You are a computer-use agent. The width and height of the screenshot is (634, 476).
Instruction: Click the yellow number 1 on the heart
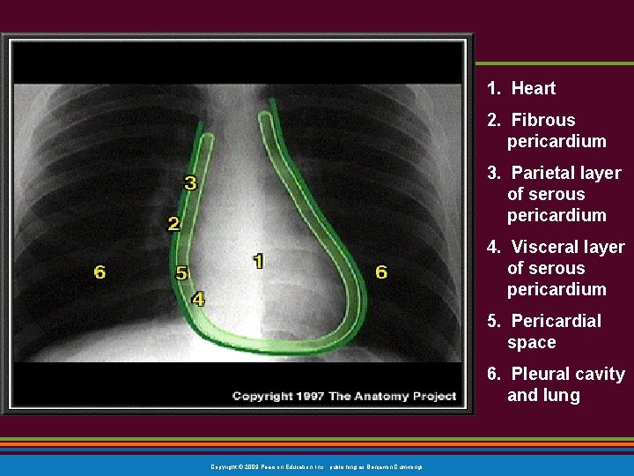(x=258, y=261)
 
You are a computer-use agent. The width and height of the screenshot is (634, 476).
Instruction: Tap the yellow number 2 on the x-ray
(x=173, y=224)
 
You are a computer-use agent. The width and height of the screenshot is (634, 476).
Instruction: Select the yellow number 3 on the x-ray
(x=190, y=183)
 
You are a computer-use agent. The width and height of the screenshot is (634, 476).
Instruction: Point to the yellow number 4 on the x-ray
(x=198, y=300)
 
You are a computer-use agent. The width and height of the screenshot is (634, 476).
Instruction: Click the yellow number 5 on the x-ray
(x=181, y=273)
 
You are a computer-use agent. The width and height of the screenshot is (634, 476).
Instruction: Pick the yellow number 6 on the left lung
(x=100, y=271)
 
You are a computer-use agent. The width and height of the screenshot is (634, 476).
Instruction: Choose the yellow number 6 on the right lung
(x=381, y=271)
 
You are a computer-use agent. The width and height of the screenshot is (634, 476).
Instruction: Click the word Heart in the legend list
(x=534, y=88)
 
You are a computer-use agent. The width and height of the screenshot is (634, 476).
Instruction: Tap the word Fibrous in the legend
(x=542, y=120)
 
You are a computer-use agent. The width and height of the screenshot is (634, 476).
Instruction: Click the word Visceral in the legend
(x=543, y=247)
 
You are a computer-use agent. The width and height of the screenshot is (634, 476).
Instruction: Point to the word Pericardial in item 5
(x=556, y=321)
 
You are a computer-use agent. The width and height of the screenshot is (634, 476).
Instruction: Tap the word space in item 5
(x=531, y=342)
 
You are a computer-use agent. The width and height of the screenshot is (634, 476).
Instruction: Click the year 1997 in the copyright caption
(x=310, y=397)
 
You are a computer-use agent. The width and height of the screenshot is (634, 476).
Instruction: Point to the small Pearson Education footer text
(x=316, y=466)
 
